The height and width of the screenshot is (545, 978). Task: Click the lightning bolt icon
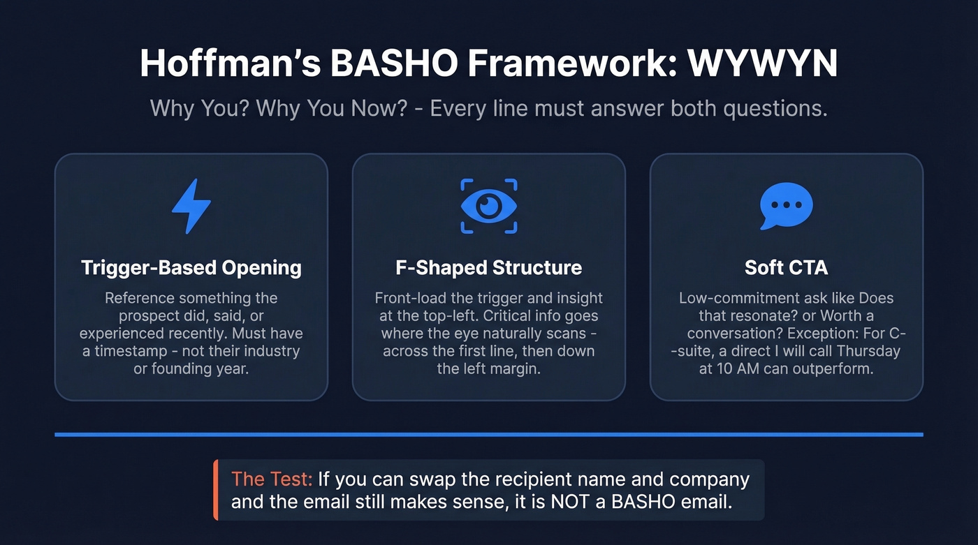tap(191, 206)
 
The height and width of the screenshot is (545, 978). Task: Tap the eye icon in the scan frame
tap(489, 206)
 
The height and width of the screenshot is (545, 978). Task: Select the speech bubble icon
tap(786, 206)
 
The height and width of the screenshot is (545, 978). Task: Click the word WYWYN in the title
tap(762, 64)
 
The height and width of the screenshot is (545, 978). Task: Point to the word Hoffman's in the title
tap(228, 64)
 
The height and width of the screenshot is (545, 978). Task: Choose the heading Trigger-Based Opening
tap(191, 267)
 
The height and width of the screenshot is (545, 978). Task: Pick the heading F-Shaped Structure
tap(488, 267)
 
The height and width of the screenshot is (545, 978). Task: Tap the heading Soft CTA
tap(786, 267)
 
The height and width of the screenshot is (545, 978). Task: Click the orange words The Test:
tap(271, 480)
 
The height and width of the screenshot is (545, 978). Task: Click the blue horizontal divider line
tap(489, 435)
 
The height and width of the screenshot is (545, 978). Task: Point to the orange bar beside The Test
tap(217, 490)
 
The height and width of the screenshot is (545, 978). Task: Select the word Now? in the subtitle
tap(378, 110)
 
